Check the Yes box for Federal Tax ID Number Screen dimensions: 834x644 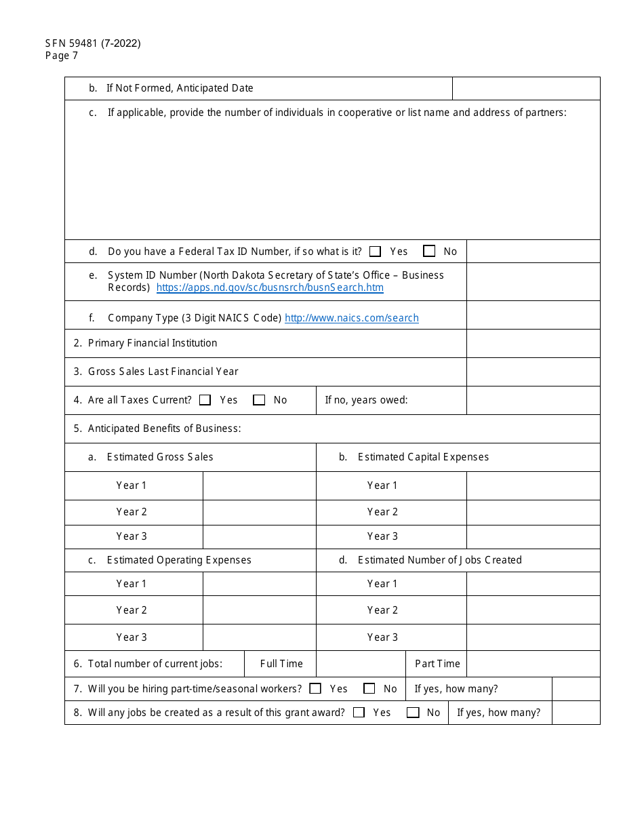tap(376, 252)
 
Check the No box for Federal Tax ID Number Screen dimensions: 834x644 tap(429, 252)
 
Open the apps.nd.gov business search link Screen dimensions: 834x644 tap(270, 287)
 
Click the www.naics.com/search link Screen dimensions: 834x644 tap(351, 318)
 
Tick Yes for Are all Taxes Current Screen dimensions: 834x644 tap(205, 400)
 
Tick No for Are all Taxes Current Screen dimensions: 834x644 tap(259, 400)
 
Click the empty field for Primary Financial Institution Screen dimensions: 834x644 tap(533, 343)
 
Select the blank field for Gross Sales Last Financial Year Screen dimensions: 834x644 tap(533, 372)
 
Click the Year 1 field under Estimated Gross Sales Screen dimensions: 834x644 tap(259, 485)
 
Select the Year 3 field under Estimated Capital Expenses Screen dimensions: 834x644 tap(533, 536)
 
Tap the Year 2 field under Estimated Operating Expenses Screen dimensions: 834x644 tap(259, 610)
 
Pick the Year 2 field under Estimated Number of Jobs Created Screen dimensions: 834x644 tap(533, 610)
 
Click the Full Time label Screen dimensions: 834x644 tap(281, 664)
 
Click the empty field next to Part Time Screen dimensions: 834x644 tap(533, 664)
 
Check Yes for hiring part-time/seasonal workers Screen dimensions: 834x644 tap(315, 689)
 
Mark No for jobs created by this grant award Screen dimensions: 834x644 tap(413, 713)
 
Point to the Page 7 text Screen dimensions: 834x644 tap(62, 56)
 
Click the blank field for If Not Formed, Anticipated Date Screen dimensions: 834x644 tap(525, 88)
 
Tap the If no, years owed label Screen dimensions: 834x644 tap(366, 400)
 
